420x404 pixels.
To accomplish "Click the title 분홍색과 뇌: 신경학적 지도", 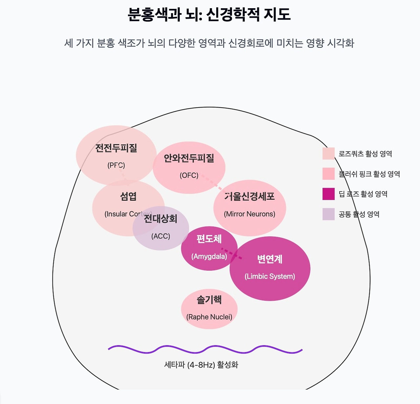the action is (x=209, y=15).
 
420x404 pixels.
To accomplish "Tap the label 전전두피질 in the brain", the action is (x=116, y=148).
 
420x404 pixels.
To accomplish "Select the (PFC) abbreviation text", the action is (x=116, y=166).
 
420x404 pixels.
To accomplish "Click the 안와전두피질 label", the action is (x=189, y=158).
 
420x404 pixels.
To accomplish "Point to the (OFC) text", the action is (x=189, y=175).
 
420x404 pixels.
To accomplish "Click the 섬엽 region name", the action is (x=128, y=196).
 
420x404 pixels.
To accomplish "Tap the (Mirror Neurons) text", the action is (x=249, y=214).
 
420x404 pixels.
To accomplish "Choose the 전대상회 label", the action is (x=161, y=219).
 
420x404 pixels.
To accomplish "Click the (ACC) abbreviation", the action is (x=161, y=236).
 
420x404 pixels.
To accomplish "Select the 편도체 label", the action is (x=209, y=239).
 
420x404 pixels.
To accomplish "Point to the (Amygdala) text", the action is (x=209, y=256).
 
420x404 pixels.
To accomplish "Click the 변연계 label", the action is (x=270, y=259).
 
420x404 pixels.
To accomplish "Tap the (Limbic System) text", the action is (x=270, y=276).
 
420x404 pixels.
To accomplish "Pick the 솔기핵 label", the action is (x=209, y=299).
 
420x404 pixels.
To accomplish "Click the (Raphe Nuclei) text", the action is (x=209, y=317).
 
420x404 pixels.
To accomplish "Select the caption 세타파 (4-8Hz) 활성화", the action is (x=201, y=365).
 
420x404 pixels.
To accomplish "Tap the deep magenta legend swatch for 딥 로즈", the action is (x=328, y=194).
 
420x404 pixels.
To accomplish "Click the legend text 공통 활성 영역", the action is (x=359, y=214).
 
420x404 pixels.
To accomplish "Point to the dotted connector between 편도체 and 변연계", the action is (x=232, y=254).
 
